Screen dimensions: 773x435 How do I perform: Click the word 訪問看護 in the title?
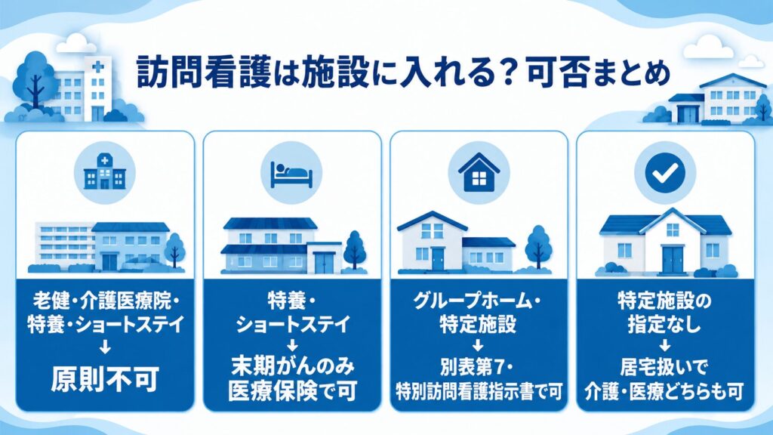coord(204,73)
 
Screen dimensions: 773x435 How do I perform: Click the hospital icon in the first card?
coord(104,172)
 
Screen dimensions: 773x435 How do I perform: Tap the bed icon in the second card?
coord(292,174)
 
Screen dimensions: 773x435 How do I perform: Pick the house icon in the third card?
coord(479,173)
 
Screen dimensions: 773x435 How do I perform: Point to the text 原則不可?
coord(105,379)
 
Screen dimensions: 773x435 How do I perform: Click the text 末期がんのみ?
coord(292,366)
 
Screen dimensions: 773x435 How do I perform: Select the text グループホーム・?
coord(477,301)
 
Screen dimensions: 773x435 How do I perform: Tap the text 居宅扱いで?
coord(664,367)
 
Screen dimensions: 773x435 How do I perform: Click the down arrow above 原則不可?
coord(105,347)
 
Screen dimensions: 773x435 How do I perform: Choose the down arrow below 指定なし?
coord(664,344)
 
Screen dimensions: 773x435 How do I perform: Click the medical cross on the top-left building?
coord(98,66)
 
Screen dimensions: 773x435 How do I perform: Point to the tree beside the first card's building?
coord(174,250)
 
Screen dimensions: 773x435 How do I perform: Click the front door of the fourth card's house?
coord(673,260)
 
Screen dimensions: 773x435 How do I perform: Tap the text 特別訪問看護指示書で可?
coord(479,392)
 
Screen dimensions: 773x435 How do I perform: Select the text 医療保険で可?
coord(292,391)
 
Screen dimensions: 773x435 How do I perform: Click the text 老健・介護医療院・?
coord(106,301)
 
